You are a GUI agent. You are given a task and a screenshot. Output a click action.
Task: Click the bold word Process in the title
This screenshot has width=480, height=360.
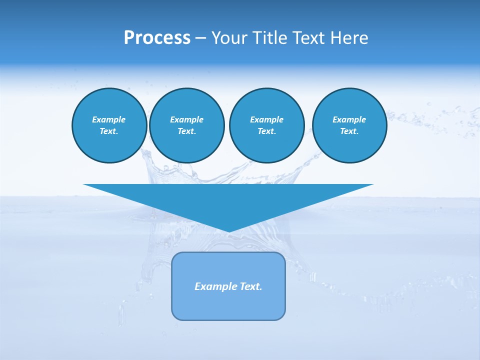[157, 38]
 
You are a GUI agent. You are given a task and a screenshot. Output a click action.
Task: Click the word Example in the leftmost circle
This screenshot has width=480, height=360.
[109, 119]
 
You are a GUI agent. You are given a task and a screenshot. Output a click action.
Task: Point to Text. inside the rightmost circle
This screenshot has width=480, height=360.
[349, 131]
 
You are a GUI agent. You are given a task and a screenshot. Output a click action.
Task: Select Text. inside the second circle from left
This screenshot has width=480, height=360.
[186, 131]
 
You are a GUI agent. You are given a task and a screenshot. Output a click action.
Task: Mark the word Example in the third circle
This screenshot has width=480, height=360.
[266, 119]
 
